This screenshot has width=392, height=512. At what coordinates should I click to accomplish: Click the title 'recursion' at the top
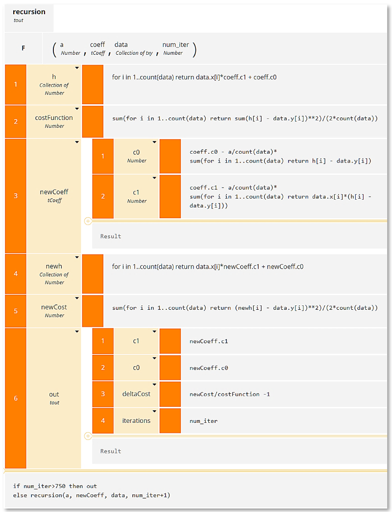coord(29,12)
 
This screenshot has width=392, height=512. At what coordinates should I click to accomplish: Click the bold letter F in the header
coord(23,48)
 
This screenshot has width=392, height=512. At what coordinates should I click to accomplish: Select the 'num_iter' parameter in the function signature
coord(175,45)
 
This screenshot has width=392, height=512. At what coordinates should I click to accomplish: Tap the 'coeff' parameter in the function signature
coord(98,45)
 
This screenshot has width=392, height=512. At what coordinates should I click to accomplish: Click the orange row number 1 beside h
coord(15,84)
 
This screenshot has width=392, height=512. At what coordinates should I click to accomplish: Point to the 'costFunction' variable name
coord(54,117)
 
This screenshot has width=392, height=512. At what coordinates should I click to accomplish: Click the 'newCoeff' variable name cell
coord(54,192)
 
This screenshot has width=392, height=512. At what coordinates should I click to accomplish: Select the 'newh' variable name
coord(54,266)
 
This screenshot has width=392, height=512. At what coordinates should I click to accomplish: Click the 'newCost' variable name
coord(54,307)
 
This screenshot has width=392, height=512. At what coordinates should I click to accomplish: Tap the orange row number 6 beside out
coord(15,398)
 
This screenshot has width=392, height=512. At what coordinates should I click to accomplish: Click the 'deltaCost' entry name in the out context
coord(136,394)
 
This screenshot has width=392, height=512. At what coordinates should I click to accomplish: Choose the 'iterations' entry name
coord(136,420)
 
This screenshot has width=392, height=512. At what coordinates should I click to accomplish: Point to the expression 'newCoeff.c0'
coord(209,368)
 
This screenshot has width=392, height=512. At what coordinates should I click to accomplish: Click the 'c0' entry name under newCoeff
coord(137,152)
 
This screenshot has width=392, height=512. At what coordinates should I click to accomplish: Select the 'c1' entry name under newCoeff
coord(137,192)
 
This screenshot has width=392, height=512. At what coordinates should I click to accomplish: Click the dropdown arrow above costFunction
coord(77,108)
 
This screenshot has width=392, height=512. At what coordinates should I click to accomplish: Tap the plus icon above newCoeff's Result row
coord(88,221)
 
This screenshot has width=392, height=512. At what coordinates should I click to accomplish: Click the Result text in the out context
coord(111,451)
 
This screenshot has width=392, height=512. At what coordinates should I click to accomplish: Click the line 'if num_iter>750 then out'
coord(55,486)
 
